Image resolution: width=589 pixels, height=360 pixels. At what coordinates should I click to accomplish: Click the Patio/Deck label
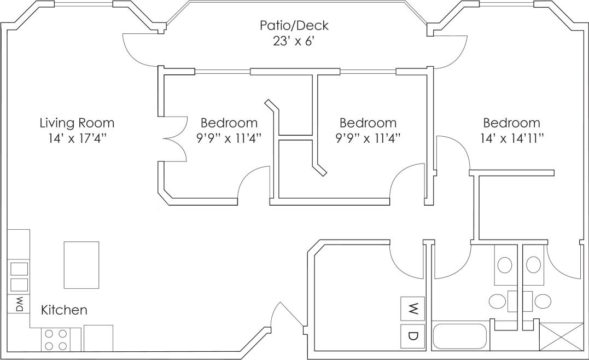click(x=294, y=25)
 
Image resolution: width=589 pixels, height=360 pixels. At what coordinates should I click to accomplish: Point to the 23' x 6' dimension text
click(x=294, y=42)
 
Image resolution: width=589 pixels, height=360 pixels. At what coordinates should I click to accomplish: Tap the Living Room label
click(x=77, y=123)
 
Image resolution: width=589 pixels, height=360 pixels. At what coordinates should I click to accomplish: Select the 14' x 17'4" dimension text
click(x=77, y=138)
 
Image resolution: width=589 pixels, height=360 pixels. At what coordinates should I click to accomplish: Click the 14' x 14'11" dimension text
click(x=511, y=138)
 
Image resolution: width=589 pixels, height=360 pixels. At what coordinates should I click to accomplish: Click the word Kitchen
click(x=64, y=310)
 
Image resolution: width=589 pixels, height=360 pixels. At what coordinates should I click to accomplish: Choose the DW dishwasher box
click(x=19, y=304)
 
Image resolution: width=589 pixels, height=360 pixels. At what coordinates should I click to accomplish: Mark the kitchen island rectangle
click(x=81, y=265)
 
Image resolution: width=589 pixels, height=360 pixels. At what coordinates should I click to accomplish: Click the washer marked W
click(x=413, y=310)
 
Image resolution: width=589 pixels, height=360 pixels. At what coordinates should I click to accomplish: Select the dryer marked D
click(x=413, y=335)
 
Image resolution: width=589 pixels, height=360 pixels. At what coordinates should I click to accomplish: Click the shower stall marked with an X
click(x=561, y=336)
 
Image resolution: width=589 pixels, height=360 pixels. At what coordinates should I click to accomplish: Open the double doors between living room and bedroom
click(x=175, y=139)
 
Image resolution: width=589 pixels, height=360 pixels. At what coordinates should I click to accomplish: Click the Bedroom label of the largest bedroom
click(x=511, y=123)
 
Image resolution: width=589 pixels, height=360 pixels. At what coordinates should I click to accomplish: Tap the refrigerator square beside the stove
click(x=98, y=338)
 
